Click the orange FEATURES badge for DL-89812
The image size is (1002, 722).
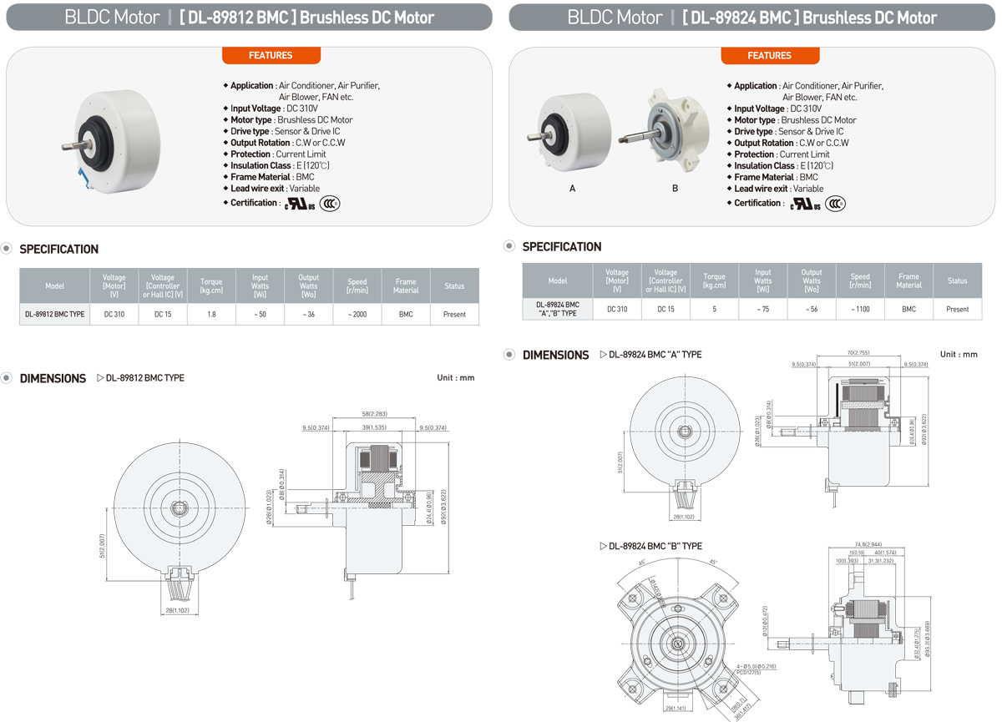(x=271, y=55)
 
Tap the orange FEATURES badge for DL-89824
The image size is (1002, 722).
(x=769, y=55)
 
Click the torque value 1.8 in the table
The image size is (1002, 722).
(x=211, y=314)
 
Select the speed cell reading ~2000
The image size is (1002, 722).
(x=357, y=314)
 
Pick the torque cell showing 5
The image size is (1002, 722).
(x=714, y=309)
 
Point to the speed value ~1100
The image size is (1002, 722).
(x=860, y=309)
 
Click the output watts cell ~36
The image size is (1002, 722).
(x=308, y=314)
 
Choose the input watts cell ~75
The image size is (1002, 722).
(x=762, y=309)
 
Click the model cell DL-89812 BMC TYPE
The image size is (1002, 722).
(x=54, y=314)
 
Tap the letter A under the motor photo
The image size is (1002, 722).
(x=572, y=189)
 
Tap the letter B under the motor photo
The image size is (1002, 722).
(x=676, y=189)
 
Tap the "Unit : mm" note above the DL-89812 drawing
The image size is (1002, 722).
(x=455, y=378)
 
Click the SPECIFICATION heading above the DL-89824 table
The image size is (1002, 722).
(x=561, y=247)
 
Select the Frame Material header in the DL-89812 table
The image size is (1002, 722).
(x=405, y=285)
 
